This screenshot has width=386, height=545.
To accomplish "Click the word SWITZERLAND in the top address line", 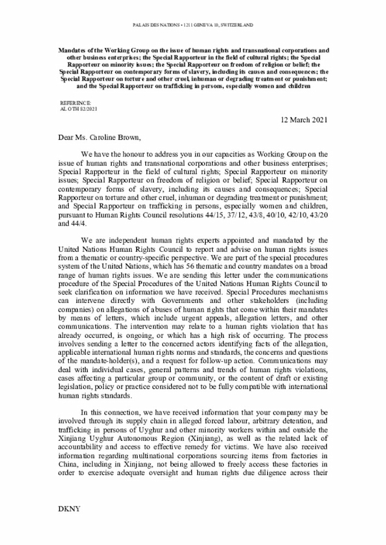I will click(237, 25).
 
